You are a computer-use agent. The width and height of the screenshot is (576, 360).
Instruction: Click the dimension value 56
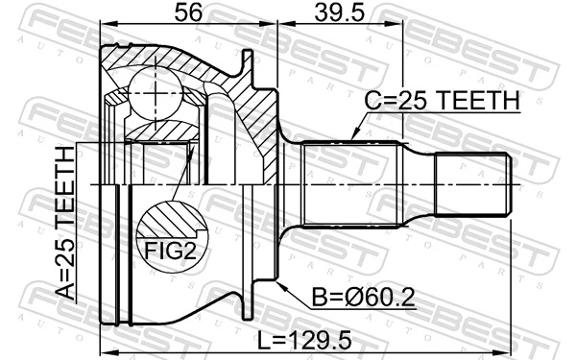(x=188, y=13)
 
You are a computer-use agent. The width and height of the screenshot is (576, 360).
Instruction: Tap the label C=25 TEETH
(x=441, y=102)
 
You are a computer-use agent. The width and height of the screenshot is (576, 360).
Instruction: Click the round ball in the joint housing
(x=156, y=92)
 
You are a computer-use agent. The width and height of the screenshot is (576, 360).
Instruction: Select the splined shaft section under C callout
(x=350, y=183)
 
